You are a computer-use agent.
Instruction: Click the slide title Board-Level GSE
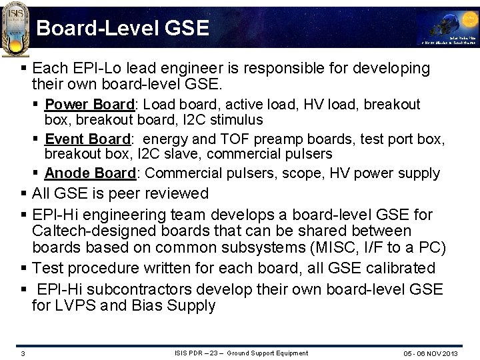coord(123,28)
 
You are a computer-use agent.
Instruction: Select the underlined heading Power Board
coord(90,105)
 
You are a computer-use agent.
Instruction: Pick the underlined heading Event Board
coord(87,139)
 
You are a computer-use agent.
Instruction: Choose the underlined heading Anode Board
coord(90,173)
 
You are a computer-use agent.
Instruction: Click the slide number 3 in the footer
coord(23,353)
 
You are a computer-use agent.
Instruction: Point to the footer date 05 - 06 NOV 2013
coord(431,353)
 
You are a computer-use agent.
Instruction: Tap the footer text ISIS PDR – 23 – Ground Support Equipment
coord(241,353)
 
